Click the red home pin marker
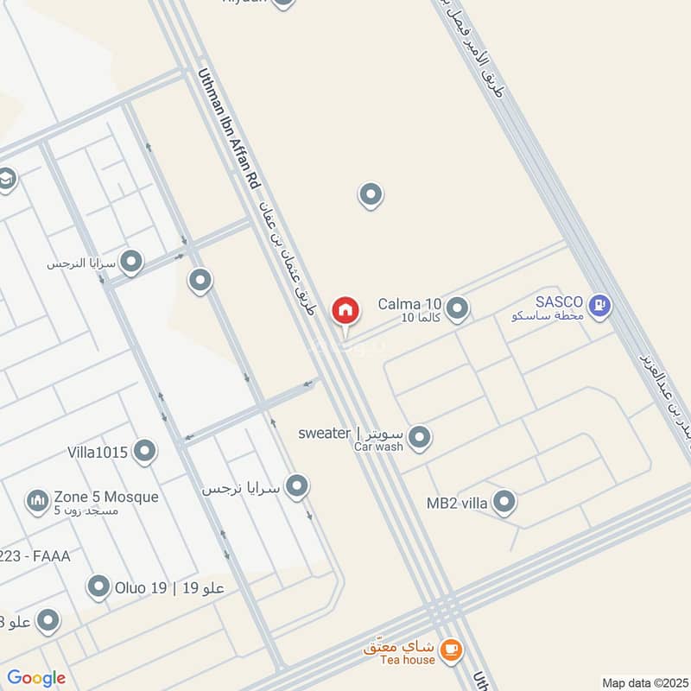click(345, 311)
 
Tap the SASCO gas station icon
click(600, 305)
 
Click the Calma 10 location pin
click(457, 307)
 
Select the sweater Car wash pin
click(420, 438)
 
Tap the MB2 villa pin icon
click(504, 502)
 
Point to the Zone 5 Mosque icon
click(36, 499)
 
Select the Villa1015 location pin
click(145, 451)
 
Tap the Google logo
click(36, 678)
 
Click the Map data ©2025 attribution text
click(644, 682)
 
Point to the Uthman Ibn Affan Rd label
click(229, 130)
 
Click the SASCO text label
click(560, 302)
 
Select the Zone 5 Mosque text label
click(105, 497)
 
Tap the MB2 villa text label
click(457, 502)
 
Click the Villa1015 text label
click(98, 452)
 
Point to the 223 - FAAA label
click(35, 556)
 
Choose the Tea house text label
click(408, 660)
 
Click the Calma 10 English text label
click(410, 304)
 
